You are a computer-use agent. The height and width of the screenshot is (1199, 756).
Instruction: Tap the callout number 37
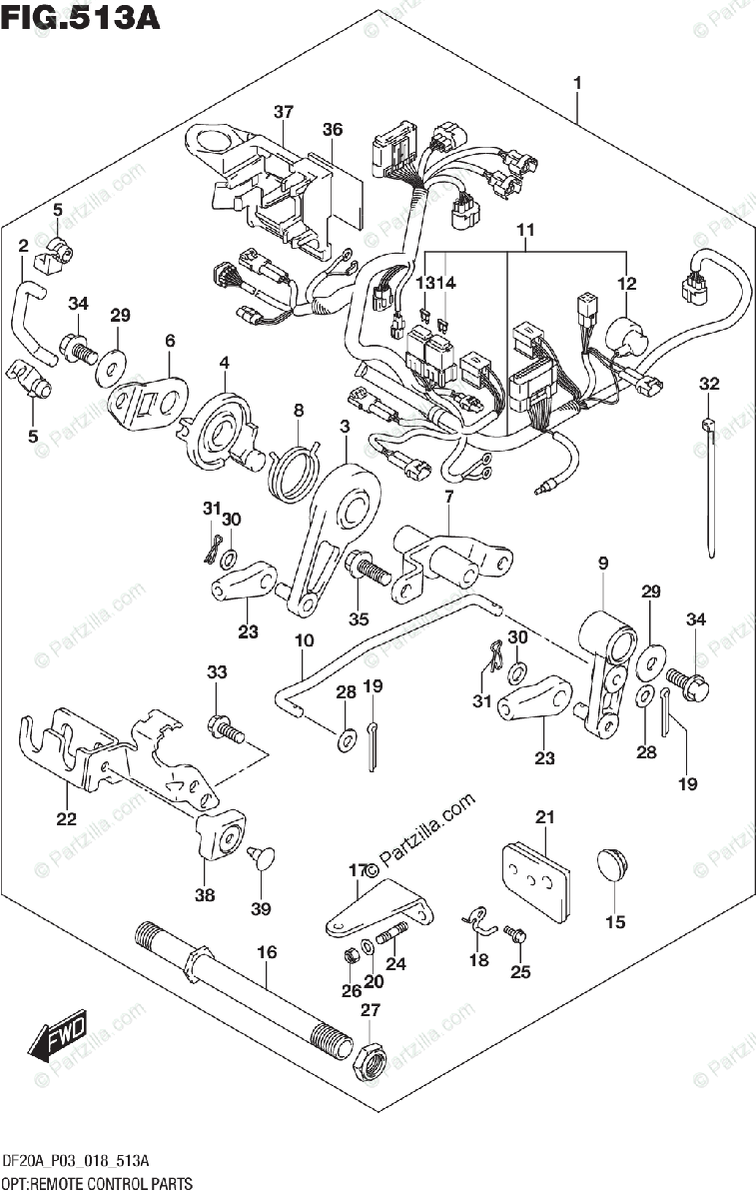(x=284, y=111)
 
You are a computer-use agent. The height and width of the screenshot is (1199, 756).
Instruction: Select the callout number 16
(x=266, y=952)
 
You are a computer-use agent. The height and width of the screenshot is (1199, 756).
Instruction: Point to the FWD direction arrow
(x=59, y=1036)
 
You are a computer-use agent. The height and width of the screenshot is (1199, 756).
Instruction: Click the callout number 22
(x=66, y=820)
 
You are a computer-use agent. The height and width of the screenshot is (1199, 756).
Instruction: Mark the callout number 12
(x=626, y=285)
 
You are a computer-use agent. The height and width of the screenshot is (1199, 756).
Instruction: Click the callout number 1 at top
(x=576, y=82)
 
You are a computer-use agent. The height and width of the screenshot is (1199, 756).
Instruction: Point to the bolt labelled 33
(x=225, y=730)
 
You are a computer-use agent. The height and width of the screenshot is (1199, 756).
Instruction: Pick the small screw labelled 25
(x=514, y=933)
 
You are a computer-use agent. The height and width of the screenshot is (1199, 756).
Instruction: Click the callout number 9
(x=603, y=565)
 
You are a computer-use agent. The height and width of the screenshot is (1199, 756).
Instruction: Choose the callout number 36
(x=333, y=130)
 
